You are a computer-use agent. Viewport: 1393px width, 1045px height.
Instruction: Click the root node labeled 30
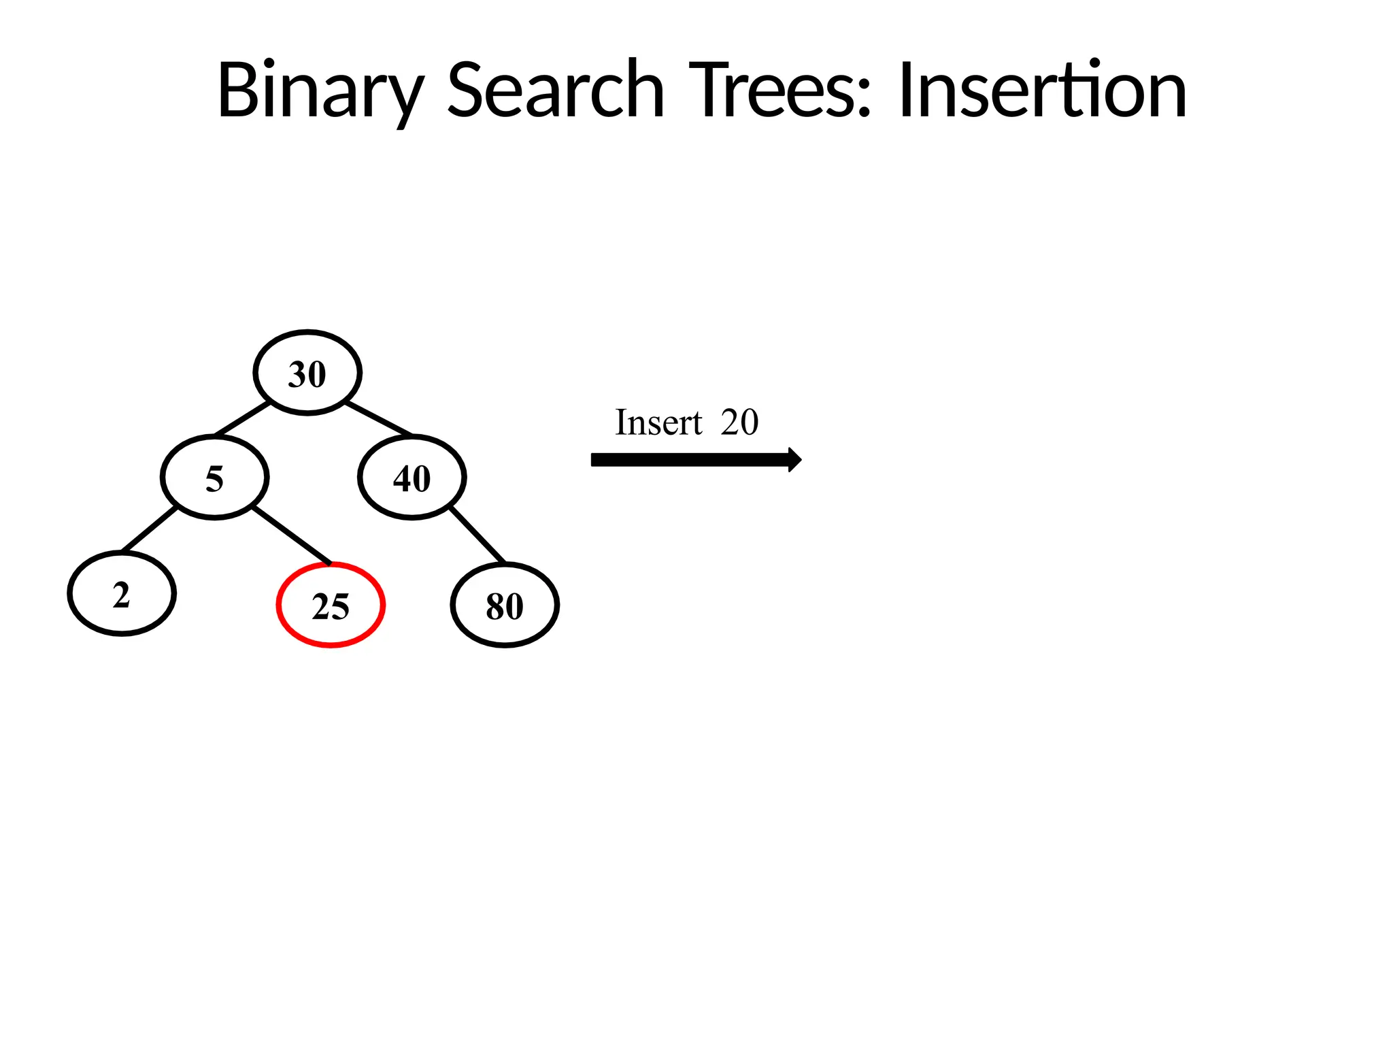point(307,373)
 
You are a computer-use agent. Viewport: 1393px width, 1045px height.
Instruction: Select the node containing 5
point(215,478)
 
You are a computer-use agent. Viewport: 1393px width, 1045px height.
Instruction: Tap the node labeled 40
point(412,478)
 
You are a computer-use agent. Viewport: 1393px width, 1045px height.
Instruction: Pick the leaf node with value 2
point(122,594)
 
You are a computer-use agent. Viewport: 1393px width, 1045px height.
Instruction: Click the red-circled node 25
point(331,606)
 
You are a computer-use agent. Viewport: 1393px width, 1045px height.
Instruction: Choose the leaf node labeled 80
point(505,606)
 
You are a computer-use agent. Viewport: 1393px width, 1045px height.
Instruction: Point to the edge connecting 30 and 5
point(242,418)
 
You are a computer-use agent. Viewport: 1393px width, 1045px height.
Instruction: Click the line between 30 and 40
point(378,418)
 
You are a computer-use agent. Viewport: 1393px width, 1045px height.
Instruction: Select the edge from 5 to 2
point(149,529)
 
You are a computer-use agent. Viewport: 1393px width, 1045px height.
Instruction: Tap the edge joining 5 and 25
point(292,535)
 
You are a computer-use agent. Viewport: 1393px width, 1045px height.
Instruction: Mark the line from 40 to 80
point(477,535)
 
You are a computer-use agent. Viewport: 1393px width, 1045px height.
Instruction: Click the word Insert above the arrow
point(658,422)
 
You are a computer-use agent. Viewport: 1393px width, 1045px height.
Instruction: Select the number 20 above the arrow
point(739,422)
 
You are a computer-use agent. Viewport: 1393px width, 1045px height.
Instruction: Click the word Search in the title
point(555,91)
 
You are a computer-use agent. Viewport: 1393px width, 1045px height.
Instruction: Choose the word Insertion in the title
point(1042,91)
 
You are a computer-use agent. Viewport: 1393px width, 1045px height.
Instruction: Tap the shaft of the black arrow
point(687,460)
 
